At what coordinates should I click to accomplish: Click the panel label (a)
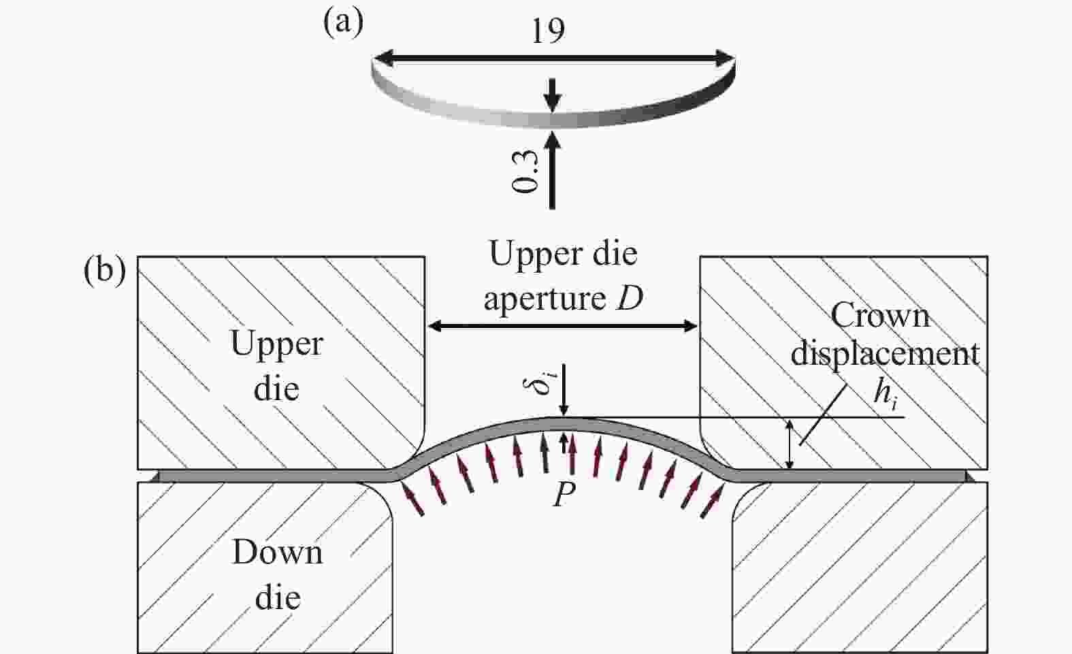click(343, 22)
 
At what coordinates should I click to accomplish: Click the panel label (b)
click(105, 272)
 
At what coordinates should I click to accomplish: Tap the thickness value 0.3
click(524, 170)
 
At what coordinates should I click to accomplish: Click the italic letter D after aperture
click(630, 299)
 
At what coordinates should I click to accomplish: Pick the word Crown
click(880, 316)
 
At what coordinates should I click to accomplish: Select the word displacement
click(885, 354)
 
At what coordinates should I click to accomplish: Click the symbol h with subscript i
click(886, 395)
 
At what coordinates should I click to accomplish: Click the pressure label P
click(564, 494)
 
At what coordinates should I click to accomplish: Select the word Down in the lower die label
click(278, 553)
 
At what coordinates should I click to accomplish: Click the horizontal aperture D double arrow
click(562, 326)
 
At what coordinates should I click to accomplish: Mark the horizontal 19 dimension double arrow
click(554, 59)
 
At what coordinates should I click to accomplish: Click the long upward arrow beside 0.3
click(552, 170)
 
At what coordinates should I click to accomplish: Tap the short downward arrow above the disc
click(552, 95)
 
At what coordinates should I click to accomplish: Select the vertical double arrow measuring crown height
click(790, 444)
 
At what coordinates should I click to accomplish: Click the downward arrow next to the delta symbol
click(564, 389)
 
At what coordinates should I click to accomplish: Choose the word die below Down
click(278, 597)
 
